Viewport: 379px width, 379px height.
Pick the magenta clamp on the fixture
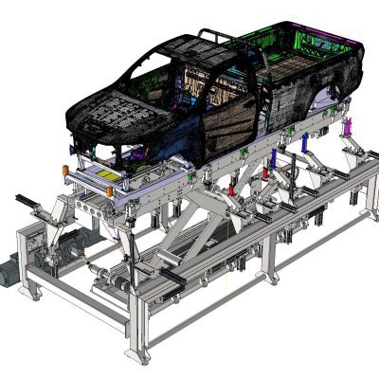pos(349,127)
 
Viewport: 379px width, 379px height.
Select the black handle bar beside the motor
pos(28,202)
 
